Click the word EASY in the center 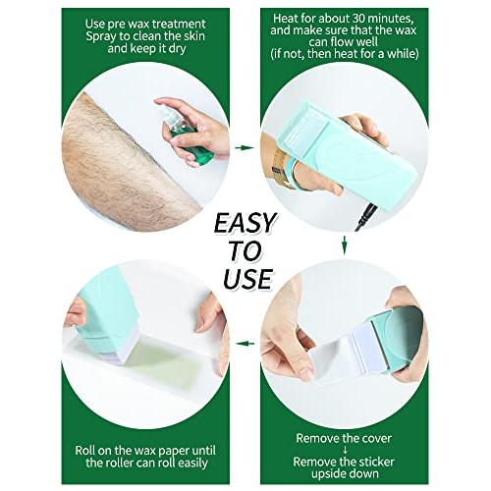pyautogui.click(x=245, y=221)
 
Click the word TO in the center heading pyautogui.click(x=246, y=250)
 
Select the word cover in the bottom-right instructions pyautogui.click(x=389, y=435)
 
